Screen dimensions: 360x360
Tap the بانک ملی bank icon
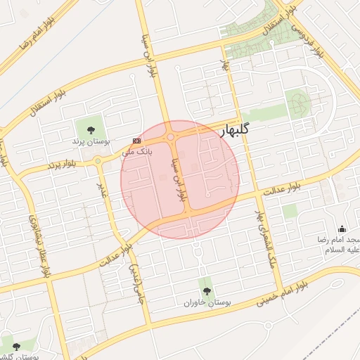pos(136,141)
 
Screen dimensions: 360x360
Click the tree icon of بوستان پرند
pos(91,128)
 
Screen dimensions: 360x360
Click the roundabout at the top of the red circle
pos(171,137)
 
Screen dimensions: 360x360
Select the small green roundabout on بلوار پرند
pos(98,161)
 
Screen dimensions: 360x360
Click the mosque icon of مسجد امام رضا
pos(342,229)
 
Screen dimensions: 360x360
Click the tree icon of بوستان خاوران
pos(206,291)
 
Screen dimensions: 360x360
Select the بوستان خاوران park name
pos(206,303)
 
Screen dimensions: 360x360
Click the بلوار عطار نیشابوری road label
pos(41,245)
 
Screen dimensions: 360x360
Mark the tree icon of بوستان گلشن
pos(16,347)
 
